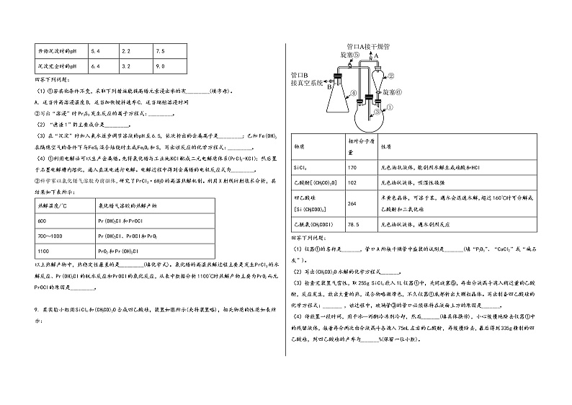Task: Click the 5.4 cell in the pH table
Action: [94, 51]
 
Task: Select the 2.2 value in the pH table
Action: [126, 51]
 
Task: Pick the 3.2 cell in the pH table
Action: [126, 66]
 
